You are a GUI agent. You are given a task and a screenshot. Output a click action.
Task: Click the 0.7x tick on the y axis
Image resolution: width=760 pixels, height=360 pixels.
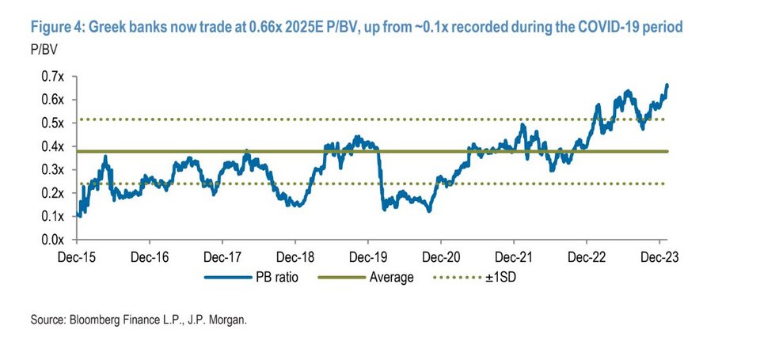point(52,77)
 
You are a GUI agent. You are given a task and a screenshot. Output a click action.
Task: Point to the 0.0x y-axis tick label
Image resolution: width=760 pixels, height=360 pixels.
point(52,240)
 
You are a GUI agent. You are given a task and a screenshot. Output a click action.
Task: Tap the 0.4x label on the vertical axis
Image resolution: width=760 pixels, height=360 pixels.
point(52,146)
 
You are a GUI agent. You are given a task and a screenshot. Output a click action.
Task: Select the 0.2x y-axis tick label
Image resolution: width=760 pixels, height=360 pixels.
point(52,193)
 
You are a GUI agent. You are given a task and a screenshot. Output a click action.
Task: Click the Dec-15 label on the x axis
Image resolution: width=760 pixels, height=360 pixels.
point(77,256)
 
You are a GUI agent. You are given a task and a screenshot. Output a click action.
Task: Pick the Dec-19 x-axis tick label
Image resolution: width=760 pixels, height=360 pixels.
point(367,256)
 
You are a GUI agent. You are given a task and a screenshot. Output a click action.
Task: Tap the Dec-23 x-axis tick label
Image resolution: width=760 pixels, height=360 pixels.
point(659,256)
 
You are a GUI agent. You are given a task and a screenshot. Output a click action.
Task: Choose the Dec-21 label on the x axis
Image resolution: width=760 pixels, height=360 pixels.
point(513,256)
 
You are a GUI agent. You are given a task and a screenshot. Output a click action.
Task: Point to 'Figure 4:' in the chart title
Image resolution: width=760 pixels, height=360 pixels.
point(59,28)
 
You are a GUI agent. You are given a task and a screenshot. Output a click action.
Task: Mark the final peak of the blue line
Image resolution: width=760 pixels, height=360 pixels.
point(667,85)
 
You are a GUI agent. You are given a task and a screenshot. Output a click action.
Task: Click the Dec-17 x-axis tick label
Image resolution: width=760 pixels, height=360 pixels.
point(222,256)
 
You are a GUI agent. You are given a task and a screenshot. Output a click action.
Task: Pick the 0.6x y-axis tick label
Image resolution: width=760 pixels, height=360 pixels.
point(52,100)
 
